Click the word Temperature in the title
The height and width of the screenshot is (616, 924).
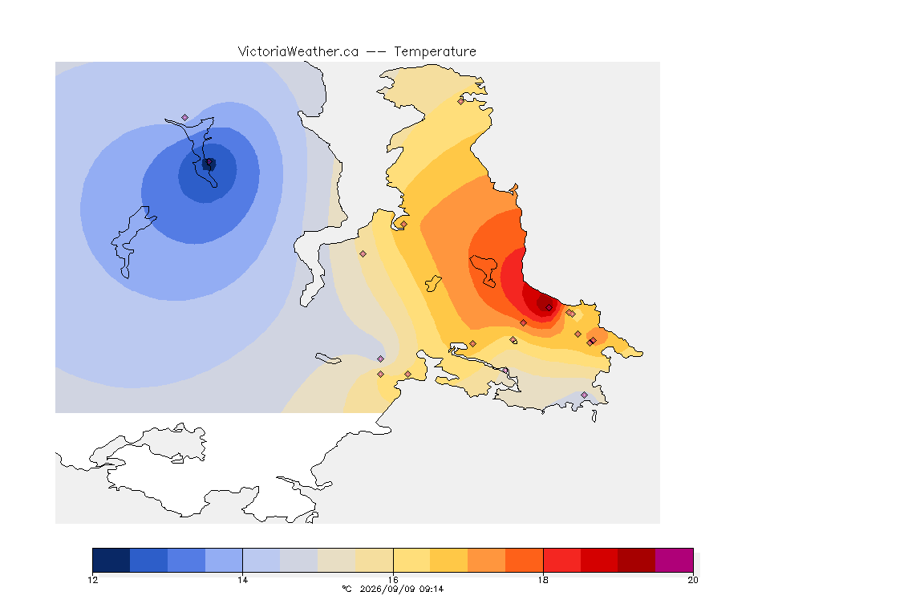pos(435,52)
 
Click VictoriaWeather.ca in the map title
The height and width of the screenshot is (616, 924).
pos(298,52)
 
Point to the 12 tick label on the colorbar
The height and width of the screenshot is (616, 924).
pos(92,580)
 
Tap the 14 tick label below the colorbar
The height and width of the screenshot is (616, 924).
pos(243,580)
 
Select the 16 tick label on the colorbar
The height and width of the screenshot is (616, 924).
pos(393,580)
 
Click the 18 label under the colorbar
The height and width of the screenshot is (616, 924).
pos(543,580)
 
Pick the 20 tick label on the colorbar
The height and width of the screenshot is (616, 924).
pos(693,580)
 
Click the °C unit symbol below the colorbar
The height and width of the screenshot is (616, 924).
pos(346,589)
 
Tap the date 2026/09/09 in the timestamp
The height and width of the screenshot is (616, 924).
pos(386,589)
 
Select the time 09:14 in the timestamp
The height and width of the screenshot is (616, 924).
pos(432,589)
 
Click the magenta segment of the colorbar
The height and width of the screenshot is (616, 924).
pos(674,560)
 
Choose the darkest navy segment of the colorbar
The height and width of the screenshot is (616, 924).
pos(111,560)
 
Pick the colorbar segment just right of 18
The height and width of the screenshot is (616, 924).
pos(562,560)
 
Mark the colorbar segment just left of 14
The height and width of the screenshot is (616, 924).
pos(224,560)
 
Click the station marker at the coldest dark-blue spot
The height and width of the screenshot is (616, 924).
pos(209,161)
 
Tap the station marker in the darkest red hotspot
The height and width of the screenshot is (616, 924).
pos(549,308)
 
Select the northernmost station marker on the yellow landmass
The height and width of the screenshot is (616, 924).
pos(461,101)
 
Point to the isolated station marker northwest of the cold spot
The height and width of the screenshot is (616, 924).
pos(185,118)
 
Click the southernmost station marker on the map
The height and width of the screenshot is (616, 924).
pos(584,395)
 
